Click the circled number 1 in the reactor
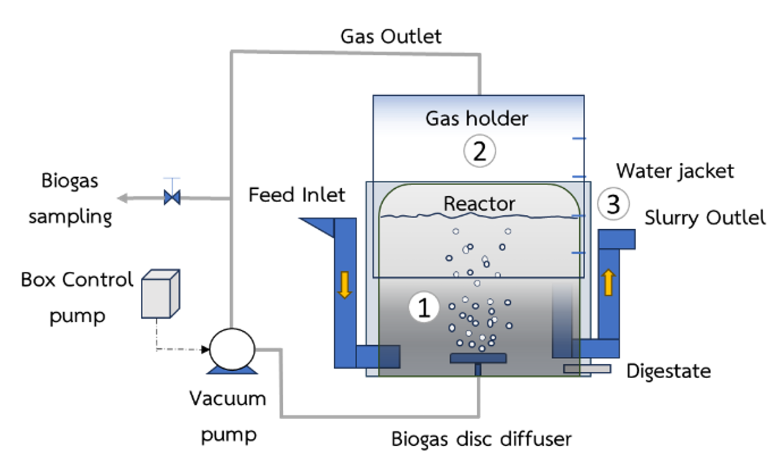(x=424, y=308)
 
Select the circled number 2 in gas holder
(x=480, y=152)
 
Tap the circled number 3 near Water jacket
(x=613, y=205)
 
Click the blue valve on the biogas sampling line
(x=172, y=198)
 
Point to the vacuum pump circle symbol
(x=231, y=348)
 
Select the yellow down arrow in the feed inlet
(x=345, y=285)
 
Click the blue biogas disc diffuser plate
(x=478, y=358)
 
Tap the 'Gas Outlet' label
(x=391, y=36)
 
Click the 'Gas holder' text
(x=477, y=118)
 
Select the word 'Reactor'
(x=479, y=204)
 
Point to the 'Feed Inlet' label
(x=297, y=195)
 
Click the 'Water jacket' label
(x=675, y=171)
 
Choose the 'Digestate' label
(x=668, y=371)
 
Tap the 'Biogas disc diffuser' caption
(x=481, y=439)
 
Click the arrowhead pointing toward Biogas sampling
(x=122, y=199)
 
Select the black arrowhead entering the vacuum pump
(x=204, y=349)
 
